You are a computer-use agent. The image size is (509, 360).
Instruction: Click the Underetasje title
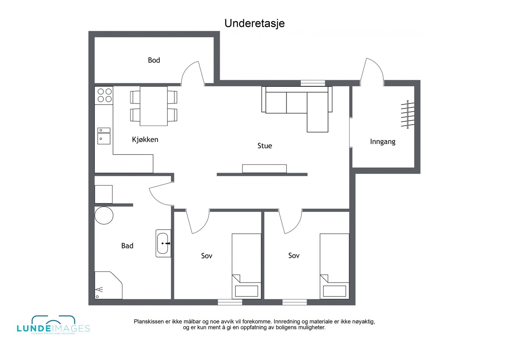[x=254, y=23]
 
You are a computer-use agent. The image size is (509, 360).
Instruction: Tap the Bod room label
[x=154, y=60]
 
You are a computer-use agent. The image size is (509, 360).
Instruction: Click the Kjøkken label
[x=145, y=139]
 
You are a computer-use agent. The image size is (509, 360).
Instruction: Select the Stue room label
[x=265, y=146]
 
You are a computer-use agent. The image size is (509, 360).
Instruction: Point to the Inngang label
[x=382, y=142]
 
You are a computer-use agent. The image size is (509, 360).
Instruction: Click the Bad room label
[x=127, y=246]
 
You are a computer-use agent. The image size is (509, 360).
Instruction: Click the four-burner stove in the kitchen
[x=104, y=95]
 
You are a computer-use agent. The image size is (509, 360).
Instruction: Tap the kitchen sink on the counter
[x=104, y=136]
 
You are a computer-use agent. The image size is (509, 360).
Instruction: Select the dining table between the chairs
[x=154, y=106]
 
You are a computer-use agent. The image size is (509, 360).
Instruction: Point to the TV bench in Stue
[x=264, y=169]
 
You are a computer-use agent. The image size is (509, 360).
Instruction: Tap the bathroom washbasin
[x=163, y=243]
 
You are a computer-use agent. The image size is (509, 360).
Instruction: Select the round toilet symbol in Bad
[x=104, y=215]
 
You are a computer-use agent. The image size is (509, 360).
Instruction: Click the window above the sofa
[x=313, y=83]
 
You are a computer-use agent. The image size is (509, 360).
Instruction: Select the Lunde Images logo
[x=53, y=325]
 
